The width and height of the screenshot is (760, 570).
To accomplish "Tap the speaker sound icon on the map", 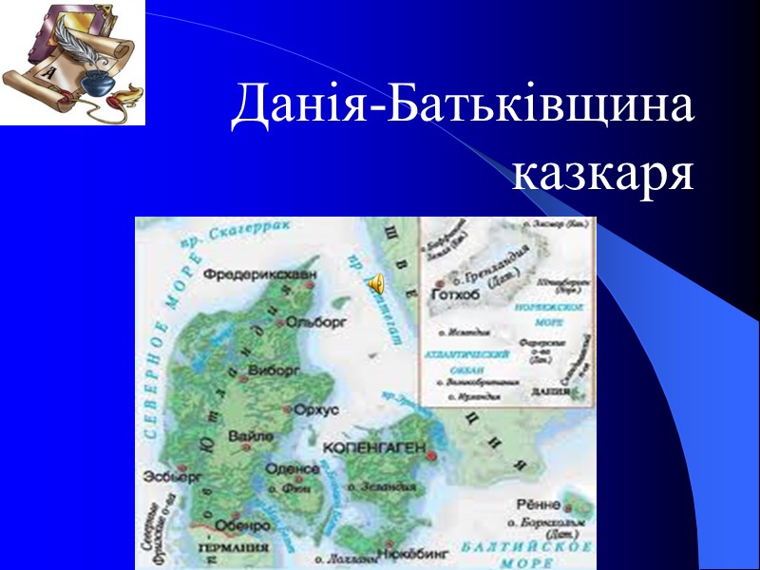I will [x=375, y=282].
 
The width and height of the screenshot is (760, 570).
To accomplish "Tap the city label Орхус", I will [x=316, y=409].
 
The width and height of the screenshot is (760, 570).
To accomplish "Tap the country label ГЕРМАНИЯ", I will [x=234, y=549].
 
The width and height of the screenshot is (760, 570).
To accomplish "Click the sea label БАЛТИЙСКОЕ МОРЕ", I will [x=528, y=553].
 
